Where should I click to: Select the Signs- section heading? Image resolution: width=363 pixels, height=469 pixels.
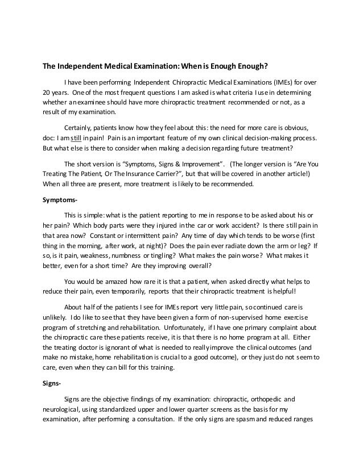[x=52, y=383]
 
